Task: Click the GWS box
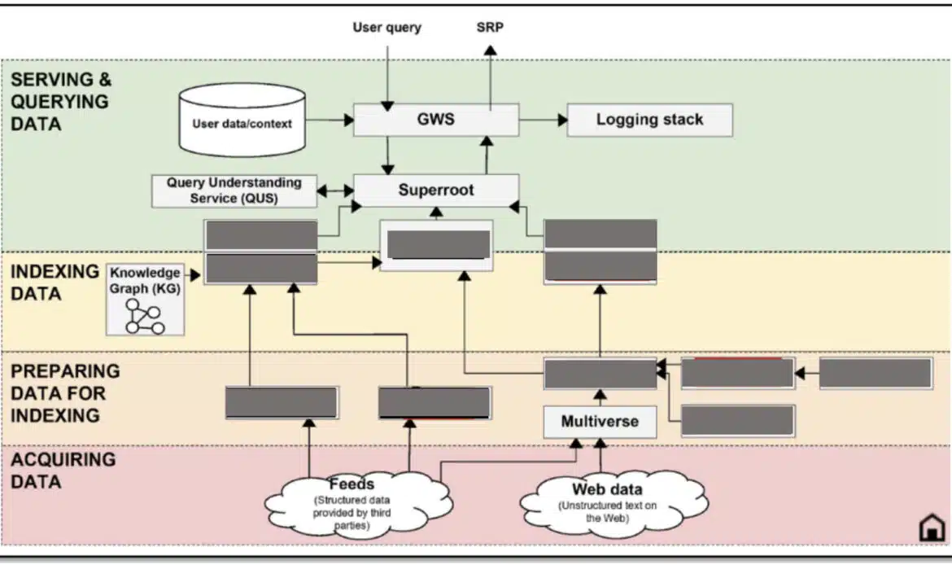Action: point(436,119)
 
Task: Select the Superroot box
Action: point(436,190)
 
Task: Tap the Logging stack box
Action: point(649,120)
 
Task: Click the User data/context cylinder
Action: point(242,124)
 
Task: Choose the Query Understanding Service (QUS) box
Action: point(234,191)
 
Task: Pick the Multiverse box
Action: point(600,422)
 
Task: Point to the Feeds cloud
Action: point(352,497)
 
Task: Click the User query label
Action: point(386,28)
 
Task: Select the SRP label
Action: point(490,28)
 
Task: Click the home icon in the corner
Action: point(931,528)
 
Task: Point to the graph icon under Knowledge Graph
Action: point(144,315)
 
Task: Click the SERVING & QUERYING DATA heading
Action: point(61,102)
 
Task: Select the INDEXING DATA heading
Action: point(54,282)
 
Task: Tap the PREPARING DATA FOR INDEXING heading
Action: point(65,392)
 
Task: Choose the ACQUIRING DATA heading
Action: point(63,470)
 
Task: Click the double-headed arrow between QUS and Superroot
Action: point(335,191)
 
